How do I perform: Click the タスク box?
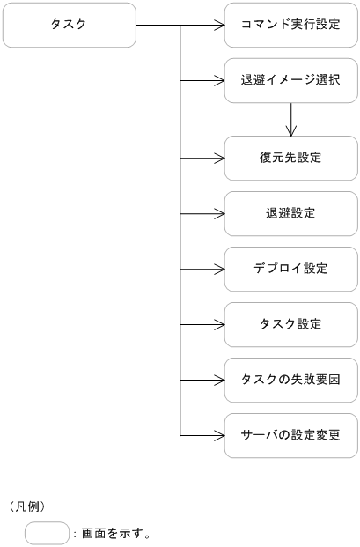coord(70,25)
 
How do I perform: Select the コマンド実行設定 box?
coord(290,25)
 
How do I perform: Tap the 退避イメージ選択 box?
coord(290,80)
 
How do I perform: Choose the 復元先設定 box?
coord(290,159)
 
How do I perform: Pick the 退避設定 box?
coord(290,213)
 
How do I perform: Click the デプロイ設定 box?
coord(290,269)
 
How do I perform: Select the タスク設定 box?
coord(290,324)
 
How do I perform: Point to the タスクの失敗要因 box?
coord(290,380)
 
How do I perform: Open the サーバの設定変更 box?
coord(290,435)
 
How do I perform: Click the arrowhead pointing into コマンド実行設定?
coord(219,26)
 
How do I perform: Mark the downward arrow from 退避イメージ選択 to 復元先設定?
coord(290,120)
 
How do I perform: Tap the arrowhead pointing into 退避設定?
coord(219,213)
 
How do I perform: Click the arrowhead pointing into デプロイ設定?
coord(219,269)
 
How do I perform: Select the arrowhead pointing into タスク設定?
coord(219,324)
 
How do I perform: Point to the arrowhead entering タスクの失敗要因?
coord(219,380)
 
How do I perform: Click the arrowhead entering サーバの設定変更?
coord(219,435)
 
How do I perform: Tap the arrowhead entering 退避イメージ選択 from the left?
coord(219,80)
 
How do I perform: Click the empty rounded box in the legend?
coord(47,533)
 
